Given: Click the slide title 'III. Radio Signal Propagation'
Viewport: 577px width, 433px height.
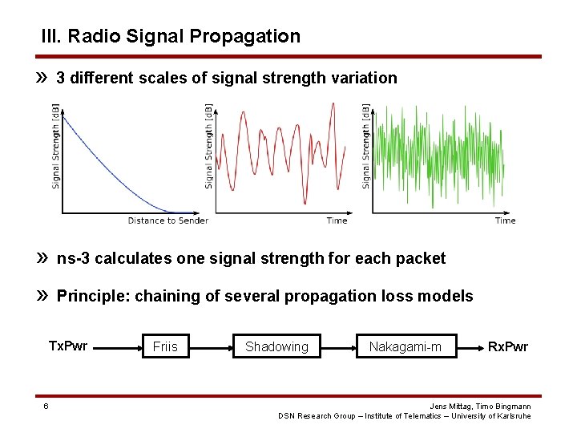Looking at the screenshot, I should [171, 36].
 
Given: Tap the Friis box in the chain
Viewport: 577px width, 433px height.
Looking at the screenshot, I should [165, 346].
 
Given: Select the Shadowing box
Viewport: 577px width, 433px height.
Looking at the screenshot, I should [276, 346].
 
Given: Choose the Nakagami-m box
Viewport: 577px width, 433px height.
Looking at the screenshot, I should [406, 346].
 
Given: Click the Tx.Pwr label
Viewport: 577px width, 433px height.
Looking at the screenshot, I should [68, 346].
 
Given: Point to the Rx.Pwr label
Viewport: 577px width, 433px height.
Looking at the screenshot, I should [509, 346].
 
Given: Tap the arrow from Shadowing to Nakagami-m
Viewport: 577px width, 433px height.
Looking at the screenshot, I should [338, 347].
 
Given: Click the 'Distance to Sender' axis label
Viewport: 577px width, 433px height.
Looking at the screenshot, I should [168, 221].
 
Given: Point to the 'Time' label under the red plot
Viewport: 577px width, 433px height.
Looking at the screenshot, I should [337, 221].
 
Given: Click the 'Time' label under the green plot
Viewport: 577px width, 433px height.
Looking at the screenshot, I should [505, 221].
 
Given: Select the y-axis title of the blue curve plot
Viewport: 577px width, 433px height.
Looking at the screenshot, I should [55, 147].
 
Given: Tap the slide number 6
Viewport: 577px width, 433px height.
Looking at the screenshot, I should [46, 406].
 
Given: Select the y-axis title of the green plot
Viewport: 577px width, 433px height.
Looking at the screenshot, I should [366, 147].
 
